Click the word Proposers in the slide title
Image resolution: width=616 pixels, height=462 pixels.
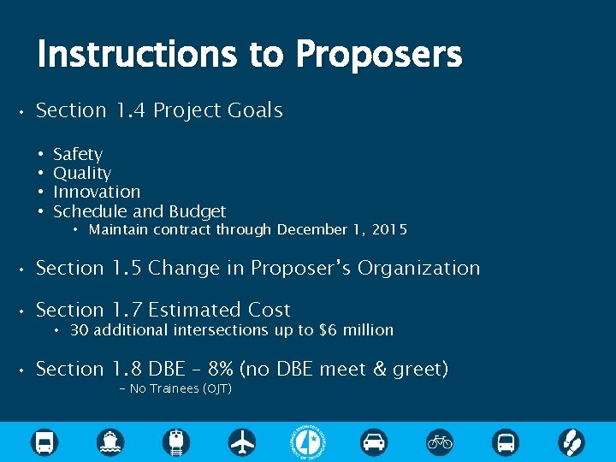[378, 56]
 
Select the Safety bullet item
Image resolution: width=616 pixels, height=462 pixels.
[77, 155]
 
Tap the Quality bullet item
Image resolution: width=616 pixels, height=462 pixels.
[82, 174]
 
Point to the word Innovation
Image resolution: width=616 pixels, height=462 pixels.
[97, 192]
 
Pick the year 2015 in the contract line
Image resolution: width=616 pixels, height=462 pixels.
[389, 229]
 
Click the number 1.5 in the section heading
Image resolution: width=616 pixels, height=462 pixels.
[130, 269]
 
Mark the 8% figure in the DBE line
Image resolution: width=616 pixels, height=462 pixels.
[222, 370]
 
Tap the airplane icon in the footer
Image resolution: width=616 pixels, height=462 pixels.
[242, 441]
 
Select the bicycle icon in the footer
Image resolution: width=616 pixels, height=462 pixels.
[440, 441]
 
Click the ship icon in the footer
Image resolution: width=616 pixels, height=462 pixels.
[110, 441]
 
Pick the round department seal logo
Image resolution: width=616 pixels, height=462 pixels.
[308, 441]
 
